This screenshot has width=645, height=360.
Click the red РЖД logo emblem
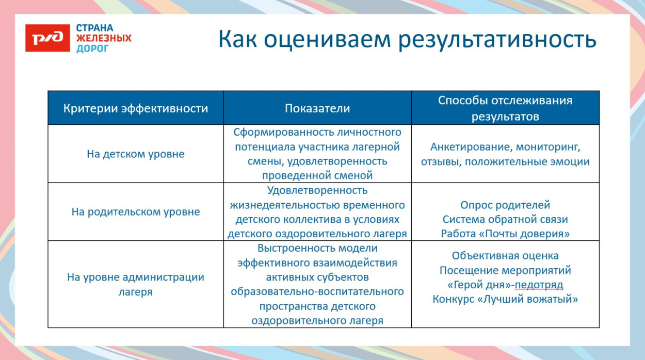click(47, 38)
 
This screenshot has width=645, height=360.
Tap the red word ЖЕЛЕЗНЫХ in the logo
click(104, 38)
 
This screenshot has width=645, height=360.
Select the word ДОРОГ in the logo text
click(93, 48)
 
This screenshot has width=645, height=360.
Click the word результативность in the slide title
click(497, 40)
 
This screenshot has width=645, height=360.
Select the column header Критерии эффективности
click(136, 108)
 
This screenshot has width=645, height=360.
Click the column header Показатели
click(317, 108)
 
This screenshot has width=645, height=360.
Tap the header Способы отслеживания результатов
click(505, 108)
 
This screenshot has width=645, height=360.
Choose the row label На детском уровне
click(136, 154)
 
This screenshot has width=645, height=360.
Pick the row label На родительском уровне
click(136, 212)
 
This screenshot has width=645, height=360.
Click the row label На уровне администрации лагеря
click(136, 284)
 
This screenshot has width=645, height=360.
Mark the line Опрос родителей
click(505, 205)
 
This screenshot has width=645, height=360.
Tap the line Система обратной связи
click(505, 219)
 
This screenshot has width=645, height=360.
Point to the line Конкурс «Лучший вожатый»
click(505, 299)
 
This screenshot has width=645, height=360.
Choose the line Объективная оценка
click(505, 256)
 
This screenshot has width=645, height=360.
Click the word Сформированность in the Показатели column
click(273, 133)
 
